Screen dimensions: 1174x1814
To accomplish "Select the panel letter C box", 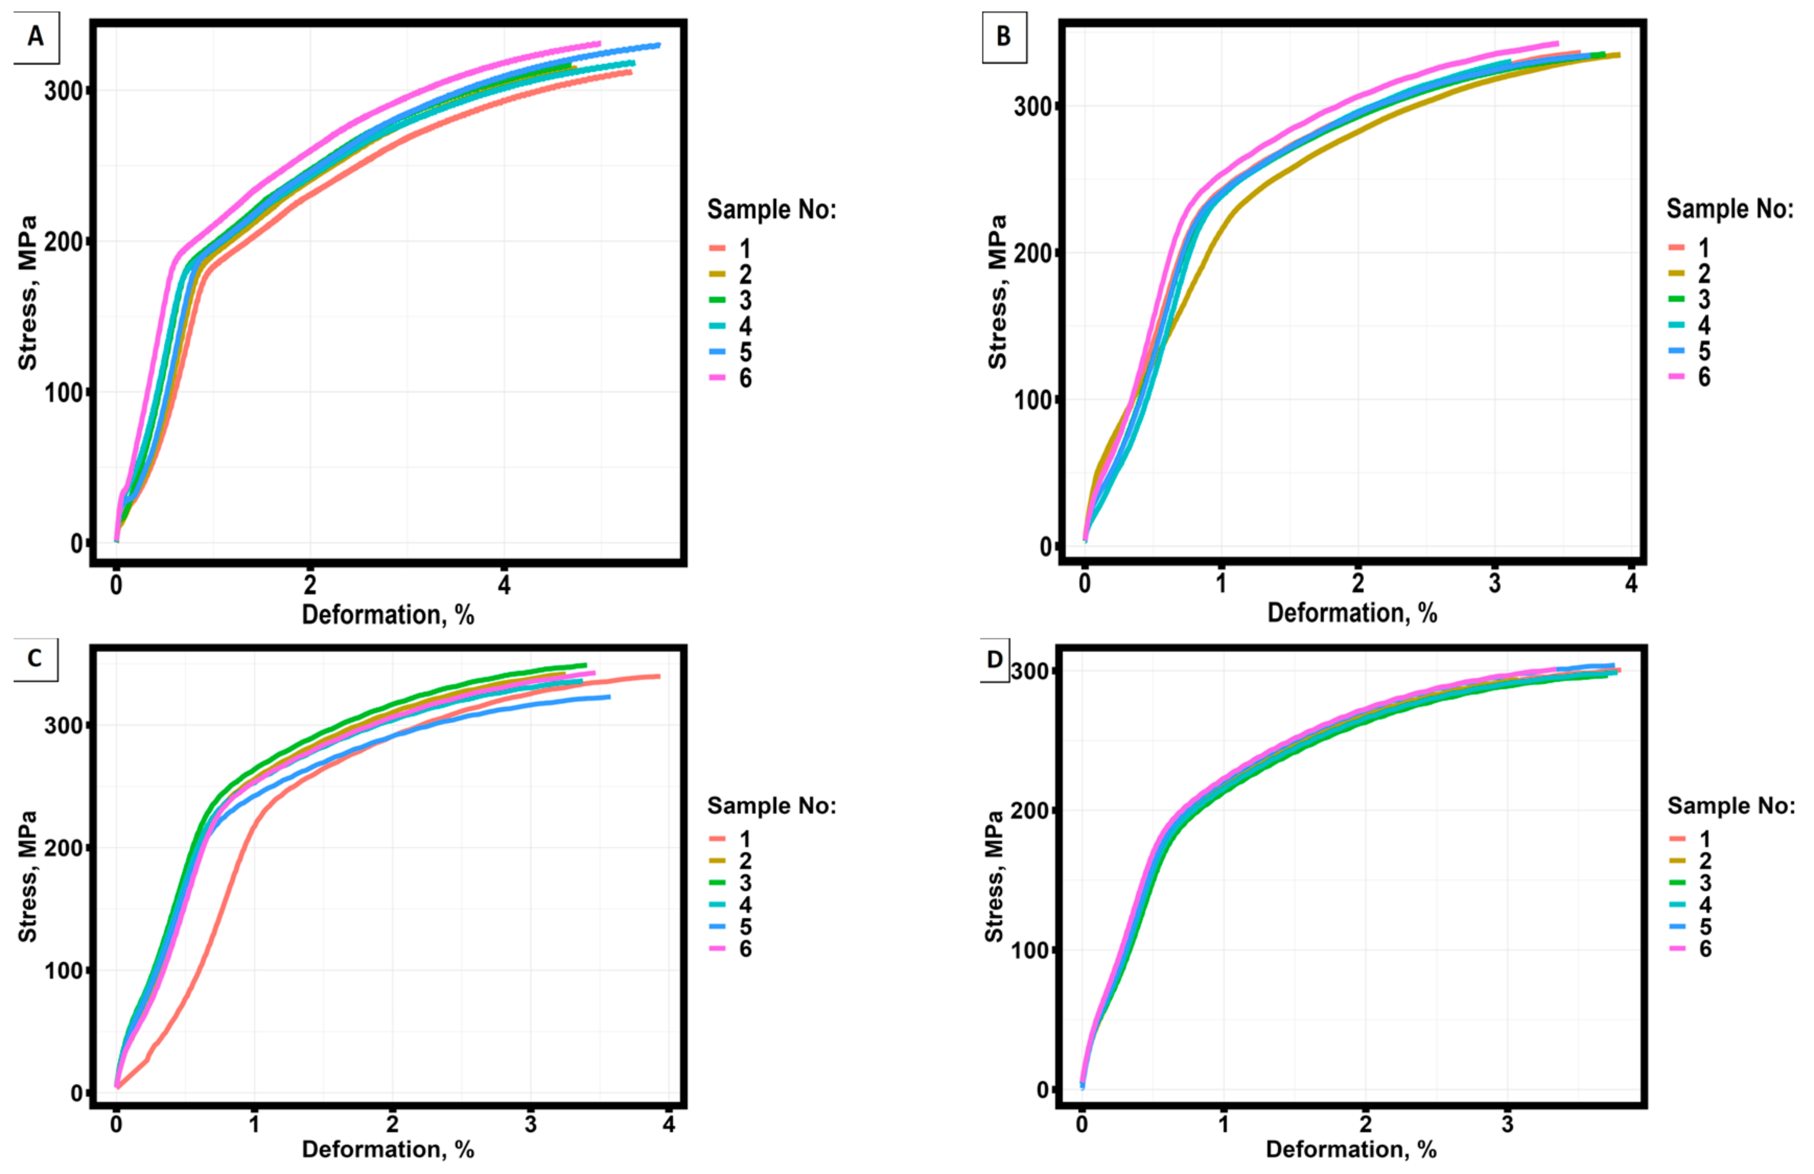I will [35, 658].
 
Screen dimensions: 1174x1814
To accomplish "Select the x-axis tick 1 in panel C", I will [254, 1124].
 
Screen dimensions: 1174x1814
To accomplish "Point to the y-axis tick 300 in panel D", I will [1030, 671].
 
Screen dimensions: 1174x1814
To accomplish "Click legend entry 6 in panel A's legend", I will [745, 378].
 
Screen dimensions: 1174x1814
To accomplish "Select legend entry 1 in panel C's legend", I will [745, 839].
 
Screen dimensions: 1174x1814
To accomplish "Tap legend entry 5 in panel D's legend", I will [1705, 926].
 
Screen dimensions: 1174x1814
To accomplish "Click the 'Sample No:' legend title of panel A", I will [771, 209].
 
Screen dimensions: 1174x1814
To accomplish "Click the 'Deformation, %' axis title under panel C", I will [388, 1149].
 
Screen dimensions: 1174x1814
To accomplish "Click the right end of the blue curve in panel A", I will [658, 45].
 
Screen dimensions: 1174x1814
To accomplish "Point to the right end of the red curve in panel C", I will [658, 676].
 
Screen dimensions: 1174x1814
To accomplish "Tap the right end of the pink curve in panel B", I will [1556, 43].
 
